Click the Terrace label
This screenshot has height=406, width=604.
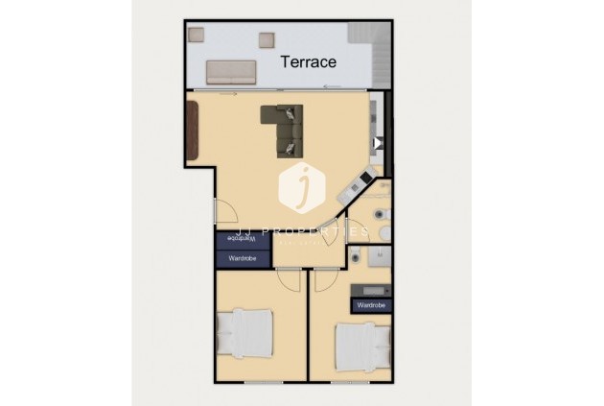tap(308, 62)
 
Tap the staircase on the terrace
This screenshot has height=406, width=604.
tap(365, 43)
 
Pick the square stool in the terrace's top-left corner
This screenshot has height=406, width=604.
tap(197, 35)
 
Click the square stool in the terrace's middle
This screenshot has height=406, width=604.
tap(266, 40)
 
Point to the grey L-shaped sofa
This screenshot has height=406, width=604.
tap(284, 129)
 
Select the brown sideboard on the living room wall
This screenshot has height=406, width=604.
tap(193, 131)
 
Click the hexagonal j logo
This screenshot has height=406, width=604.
tap(302, 187)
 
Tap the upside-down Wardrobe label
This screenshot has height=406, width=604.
tap(242, 238)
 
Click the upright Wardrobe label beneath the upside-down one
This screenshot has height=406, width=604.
tap(242, 257)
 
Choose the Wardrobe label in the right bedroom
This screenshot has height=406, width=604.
tap(371, 304)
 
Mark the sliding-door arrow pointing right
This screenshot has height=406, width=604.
tap(228, 94)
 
